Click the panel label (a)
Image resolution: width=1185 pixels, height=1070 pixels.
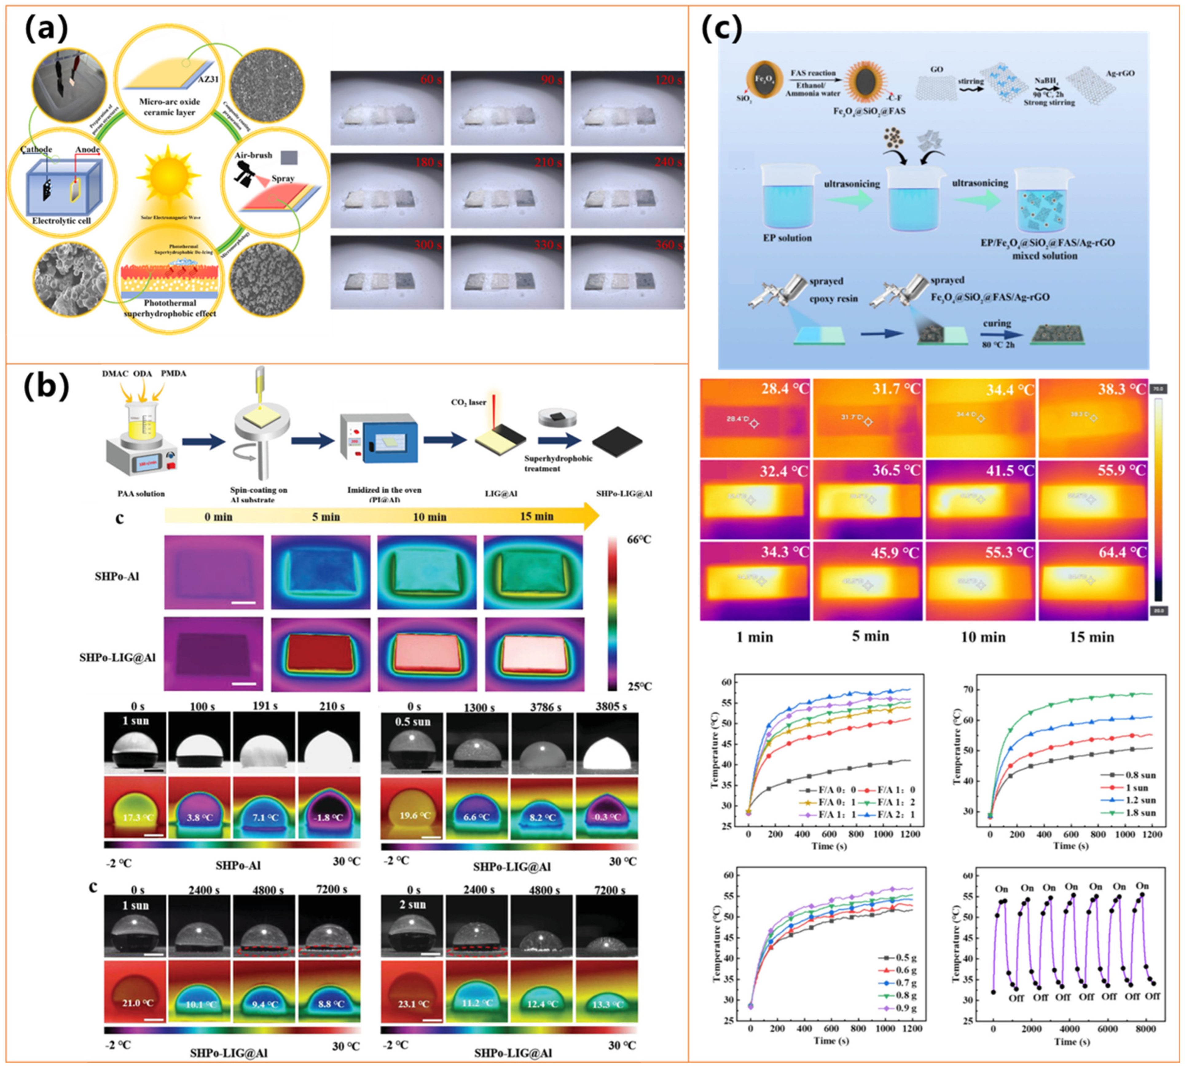[46, 29]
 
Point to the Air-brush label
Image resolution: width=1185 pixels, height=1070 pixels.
[253, 155]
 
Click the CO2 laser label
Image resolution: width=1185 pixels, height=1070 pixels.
[469, 403]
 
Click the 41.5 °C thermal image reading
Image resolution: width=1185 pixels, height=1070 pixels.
[1009, 471]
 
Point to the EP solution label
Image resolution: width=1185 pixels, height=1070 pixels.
[787, 238]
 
